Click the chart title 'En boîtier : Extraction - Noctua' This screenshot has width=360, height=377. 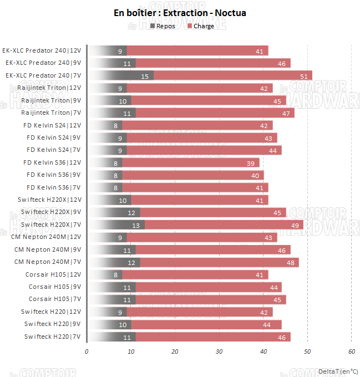(x=180, y=13)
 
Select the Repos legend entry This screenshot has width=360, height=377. (x=163, y=26)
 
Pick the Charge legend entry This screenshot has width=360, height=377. (x=201, y=26)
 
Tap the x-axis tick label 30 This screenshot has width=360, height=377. (x=219, y=351)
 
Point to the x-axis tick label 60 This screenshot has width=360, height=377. (x=351, y=351)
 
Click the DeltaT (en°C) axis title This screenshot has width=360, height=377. (x=338, y=371)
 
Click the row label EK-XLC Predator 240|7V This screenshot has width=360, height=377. (x=43, y=75)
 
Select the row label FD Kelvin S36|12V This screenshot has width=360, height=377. (x=53, y=162)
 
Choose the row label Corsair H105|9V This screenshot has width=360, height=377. (x=55, y=287)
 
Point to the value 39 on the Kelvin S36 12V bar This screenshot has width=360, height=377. (x=251, y=162)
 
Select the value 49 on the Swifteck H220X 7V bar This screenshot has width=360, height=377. (x=295, y=225)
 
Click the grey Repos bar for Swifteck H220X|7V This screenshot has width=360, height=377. (x=116, y=225)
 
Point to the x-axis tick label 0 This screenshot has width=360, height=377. (x=87, y=351)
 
